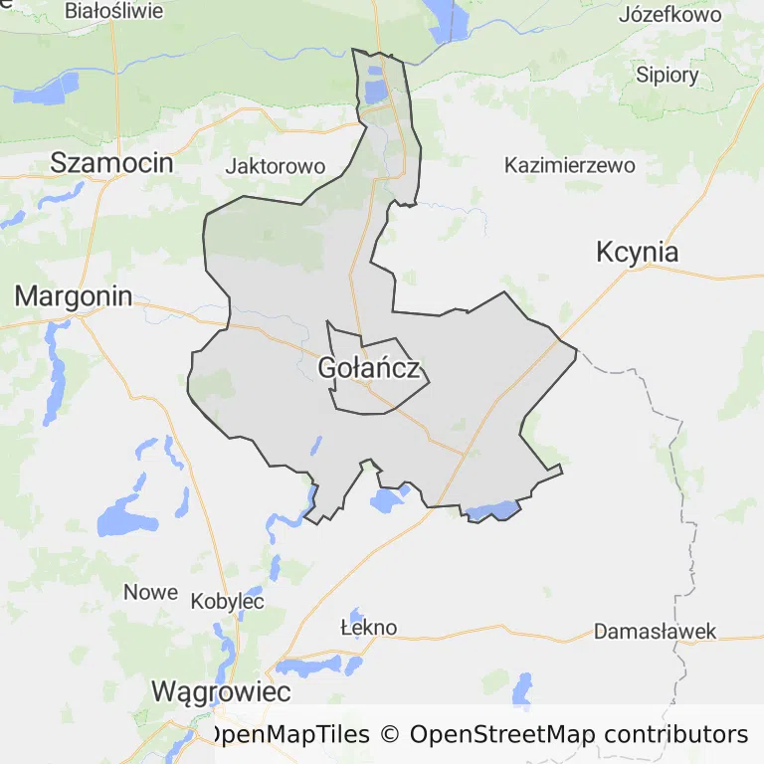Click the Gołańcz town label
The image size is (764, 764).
pyautogui.click(x=373, y=369)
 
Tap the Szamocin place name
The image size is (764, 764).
pyautogui.click(x=111, y=163)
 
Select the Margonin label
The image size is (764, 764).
pyautogui.click(x=74, y=295)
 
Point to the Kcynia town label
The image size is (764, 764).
pyautogui.click(x=637, y=252)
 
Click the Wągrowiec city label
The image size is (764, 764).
pyautogui.click(x=221, y=691)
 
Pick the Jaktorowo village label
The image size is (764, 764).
pyautogui.click(x=276, y=166)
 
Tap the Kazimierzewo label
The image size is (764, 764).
pyautogui.click(x=570, y=165)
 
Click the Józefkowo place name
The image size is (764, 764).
pyautogui.click(x=669, y=15)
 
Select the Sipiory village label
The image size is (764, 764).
pyautogui.click(x=668, y=75)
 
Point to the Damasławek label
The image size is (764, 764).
pyautogui.click(x=655, y=632)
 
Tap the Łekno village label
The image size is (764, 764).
pyautogui.click(x=368, y=628)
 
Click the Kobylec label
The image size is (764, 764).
pyautogui.click(x=227, y=602)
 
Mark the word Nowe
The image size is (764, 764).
pyautogui.click(x=150, y=592)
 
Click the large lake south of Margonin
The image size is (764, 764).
pyautogui.click(x=124, y=517)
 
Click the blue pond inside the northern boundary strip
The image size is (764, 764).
pyautogui.click(x=375, y=93)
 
